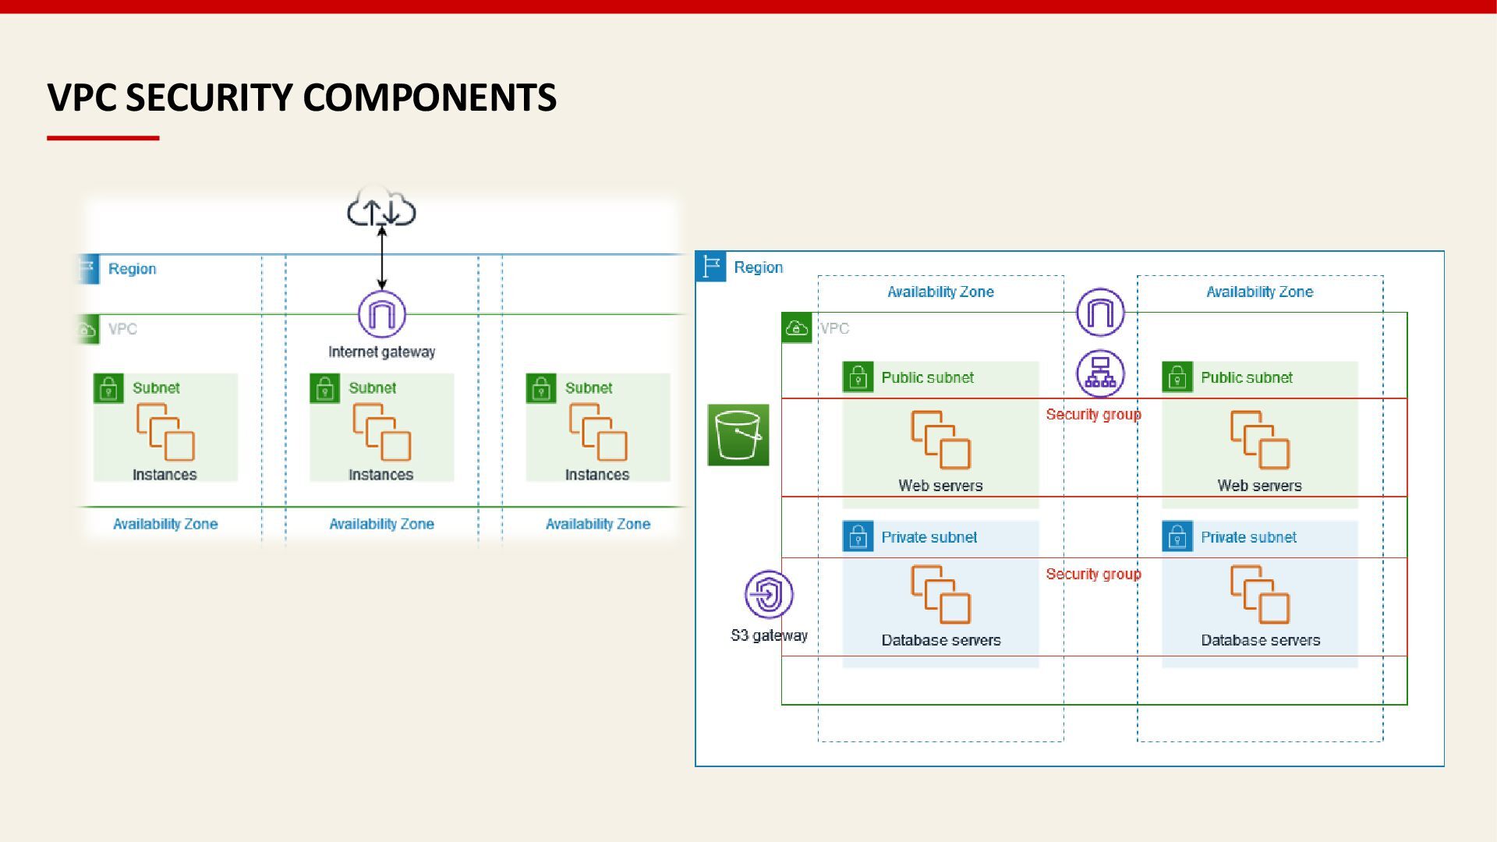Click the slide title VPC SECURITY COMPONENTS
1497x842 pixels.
click(x=302, y=97)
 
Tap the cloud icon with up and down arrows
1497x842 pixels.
click(x=381, y=207)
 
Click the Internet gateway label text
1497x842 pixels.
click(x=382, y=352)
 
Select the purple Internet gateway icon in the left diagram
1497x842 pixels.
click(x=382, y=314)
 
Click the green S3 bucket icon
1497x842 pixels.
click(x=738, y=435)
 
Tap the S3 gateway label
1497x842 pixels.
click(x=769, y=635)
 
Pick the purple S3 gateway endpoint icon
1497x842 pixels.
click(x=769, y=595)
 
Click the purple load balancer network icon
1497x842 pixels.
click(x=1100, y=373)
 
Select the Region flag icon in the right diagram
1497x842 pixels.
click(x=711, y=267)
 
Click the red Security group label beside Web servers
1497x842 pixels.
click(x=1093, y=414)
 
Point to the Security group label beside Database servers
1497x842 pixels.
click(x=1093, y=574)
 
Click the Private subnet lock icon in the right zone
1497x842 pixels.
click(x=1177, y=536)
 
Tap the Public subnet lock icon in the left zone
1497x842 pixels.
click(x=858, y=377)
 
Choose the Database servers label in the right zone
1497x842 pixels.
click(x=1260, y=640)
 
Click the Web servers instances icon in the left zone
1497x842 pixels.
click(x=941, y=440)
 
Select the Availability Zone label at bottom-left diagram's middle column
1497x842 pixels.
click(x=381, y=524)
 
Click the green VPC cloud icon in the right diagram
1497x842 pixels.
click(x=797, y=328)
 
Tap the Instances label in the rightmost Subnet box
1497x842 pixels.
click(x=597, y=474)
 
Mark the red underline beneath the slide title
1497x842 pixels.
click(x=103, y=138)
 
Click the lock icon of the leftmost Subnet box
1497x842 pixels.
click(x=108, y=388)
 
